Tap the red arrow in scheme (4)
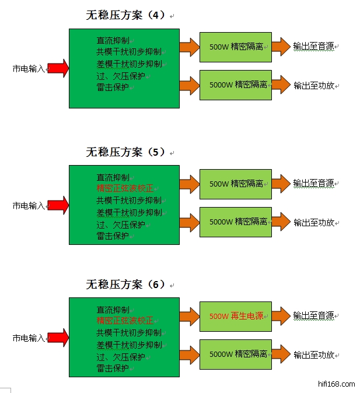pos(58,68)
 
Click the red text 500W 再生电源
pos(236,316)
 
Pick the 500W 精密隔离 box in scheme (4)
pos(236,47)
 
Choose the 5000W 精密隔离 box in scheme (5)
pos(236,222)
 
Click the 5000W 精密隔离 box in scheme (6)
pos(236,354)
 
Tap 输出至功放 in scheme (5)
pos(313,222)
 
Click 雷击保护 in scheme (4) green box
pos(113,87)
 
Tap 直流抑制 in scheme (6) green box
pos(113,310)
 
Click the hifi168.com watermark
pos(338,384)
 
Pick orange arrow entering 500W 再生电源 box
pos(189,316)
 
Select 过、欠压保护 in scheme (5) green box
pos(121,224)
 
